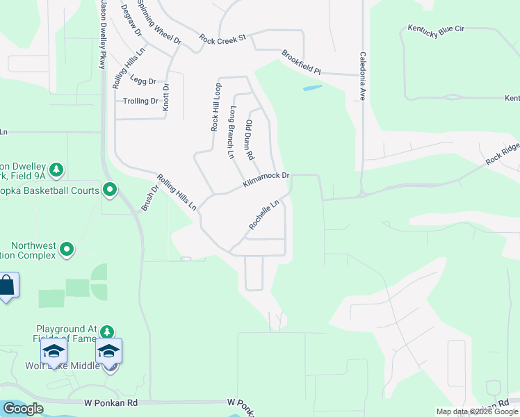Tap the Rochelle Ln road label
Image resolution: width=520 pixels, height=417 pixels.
tap(264, 216)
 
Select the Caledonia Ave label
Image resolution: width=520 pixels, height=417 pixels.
tap(362, 76)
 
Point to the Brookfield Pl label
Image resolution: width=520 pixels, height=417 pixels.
tap(301, 63)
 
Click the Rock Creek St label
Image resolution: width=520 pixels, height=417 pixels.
tap(222, 39)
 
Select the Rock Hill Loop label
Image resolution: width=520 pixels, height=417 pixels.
tap(216, 108)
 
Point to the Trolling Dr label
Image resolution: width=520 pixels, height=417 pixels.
tap(141, 101)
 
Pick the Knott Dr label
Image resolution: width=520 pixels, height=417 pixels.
tap(165, 97)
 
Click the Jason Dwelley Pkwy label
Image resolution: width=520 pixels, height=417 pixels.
tap(102, 35)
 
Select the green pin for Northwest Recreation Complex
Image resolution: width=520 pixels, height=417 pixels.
tap(67, 248)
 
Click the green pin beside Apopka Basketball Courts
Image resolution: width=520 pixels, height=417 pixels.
tap(110, 189)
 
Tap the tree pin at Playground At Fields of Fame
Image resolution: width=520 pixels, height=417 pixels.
tap(106, 332)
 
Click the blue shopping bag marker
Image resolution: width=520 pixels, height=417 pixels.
tap(7, 286)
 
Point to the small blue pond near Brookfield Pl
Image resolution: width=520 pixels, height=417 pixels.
tap(312, 88)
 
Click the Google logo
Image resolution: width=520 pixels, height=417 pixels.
tap(23, 409)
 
